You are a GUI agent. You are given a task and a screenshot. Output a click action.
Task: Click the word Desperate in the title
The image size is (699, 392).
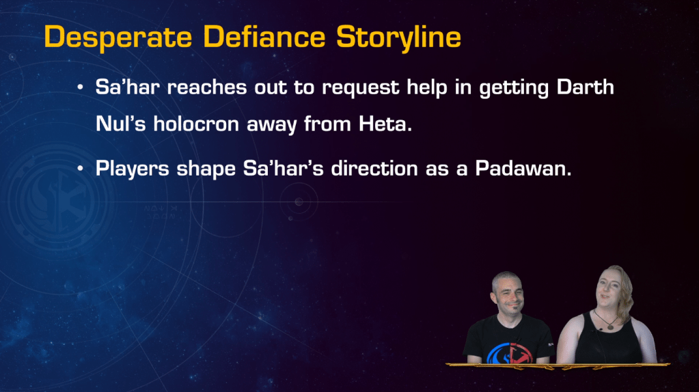click(x=118, y=37)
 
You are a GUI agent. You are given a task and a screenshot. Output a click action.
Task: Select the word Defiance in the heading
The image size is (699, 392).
click(x=264, y=36)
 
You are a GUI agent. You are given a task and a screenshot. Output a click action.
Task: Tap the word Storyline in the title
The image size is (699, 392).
click(x=398, y=37)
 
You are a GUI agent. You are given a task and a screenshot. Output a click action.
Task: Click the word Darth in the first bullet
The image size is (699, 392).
click(x=586, y=87)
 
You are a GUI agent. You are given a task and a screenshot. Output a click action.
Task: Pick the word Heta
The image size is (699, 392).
click(x=385, y=124)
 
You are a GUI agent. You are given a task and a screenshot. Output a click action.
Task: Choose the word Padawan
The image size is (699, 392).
click(x=523, y=169)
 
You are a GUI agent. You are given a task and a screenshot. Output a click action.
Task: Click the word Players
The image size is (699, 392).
click(x=133, y=169)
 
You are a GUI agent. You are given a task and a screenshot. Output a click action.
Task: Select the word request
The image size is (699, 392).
click(x=361, y=87)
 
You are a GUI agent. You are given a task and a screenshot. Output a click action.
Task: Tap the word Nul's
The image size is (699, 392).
click(x=121, y=124)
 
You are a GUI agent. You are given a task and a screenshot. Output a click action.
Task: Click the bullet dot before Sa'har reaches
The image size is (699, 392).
click(x=80, y=87)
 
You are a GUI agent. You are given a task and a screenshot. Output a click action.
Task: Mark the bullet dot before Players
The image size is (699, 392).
click(x=80, y=169)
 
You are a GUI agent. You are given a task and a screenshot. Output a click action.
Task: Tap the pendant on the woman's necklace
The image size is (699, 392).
click(x=610, y=326)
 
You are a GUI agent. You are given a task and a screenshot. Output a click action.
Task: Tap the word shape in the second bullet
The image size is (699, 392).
click(x=206, y=169)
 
